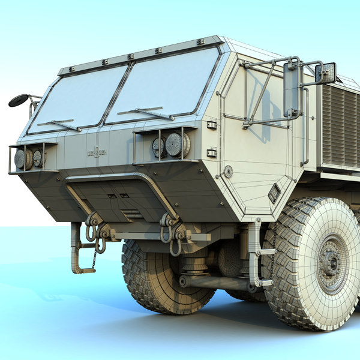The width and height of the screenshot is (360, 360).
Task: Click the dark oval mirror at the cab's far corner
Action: [18, 100]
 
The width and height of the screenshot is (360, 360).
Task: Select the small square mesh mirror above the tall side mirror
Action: [325, 73]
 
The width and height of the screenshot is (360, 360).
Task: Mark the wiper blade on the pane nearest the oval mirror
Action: [59, 124]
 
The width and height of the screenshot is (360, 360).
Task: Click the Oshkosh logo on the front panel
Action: [98, 152]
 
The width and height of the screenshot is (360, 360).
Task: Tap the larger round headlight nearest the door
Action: [176, 145]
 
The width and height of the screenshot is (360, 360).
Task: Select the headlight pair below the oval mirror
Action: [28, 158]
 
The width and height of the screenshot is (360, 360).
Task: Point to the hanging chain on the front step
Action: [94, 259]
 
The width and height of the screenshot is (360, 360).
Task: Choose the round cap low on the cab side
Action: [228, 172]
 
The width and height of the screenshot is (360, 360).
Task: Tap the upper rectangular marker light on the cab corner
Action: [211, 125]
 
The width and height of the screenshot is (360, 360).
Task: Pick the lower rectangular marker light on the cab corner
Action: [211, 152]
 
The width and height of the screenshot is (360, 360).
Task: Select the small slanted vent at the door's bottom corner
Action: [274, 193]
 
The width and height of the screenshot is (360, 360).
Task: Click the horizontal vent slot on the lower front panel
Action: [132, 214]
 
